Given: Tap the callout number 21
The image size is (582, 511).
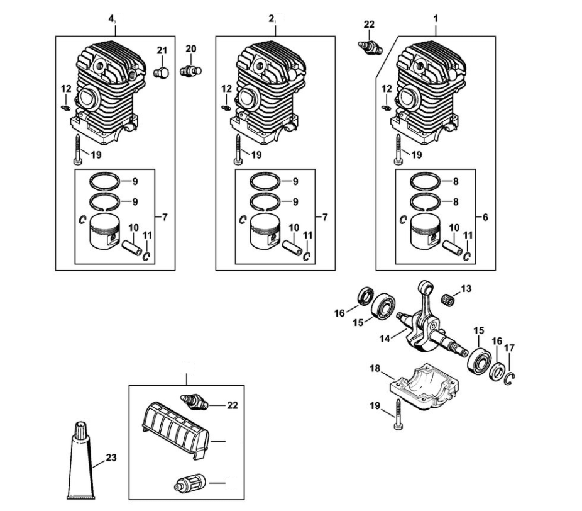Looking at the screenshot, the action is point(162,50).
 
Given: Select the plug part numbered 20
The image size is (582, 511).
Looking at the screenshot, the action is point(191,70).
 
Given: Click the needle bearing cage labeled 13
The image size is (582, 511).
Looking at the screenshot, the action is point(447,298).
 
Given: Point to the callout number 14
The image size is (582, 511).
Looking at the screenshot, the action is point(385,339).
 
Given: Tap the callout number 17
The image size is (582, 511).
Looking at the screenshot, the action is point(510,348).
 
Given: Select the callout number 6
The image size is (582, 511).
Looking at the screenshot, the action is point(485,217).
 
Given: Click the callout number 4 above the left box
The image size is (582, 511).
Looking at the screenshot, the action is point(110,19).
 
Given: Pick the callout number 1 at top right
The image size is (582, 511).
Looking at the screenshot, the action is point(436,18).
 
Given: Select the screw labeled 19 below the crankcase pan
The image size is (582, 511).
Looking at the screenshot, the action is point(398,415).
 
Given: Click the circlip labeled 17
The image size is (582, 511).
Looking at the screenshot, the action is point(509,378).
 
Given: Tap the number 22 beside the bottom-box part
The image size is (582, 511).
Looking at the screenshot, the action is point(233,405).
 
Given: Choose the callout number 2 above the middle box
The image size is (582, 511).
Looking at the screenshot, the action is point(272,19).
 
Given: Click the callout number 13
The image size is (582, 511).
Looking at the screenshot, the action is point(466,288).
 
